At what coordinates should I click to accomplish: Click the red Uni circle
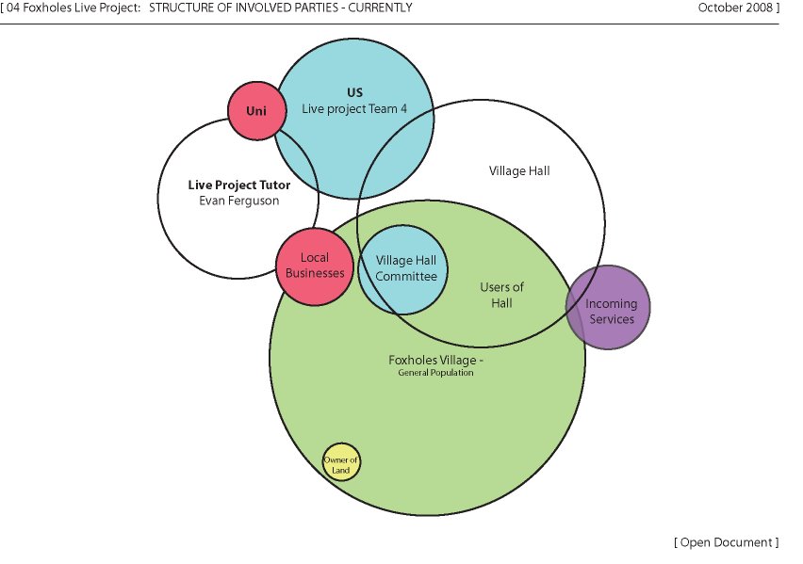[257, 110]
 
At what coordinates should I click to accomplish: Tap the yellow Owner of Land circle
[341, 462]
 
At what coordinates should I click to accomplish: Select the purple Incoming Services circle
[608, 307]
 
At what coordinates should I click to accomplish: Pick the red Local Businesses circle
[315, 266]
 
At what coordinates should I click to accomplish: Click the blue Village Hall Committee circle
[403, 269]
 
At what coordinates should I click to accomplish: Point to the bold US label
[354, 92]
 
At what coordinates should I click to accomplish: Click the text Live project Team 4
[354, 109]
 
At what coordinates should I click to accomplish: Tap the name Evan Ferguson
[239, 201]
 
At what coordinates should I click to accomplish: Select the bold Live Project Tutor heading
[239, 185]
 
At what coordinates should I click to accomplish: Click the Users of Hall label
[501, 295]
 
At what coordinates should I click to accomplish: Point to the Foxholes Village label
[435, 360]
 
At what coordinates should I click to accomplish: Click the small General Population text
[435, 373]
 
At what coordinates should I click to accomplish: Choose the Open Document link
[727, 542]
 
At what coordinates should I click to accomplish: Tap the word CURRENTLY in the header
[380, 8]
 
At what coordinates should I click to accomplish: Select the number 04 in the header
[13, 8]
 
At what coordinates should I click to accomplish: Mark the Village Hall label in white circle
[519, 171]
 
